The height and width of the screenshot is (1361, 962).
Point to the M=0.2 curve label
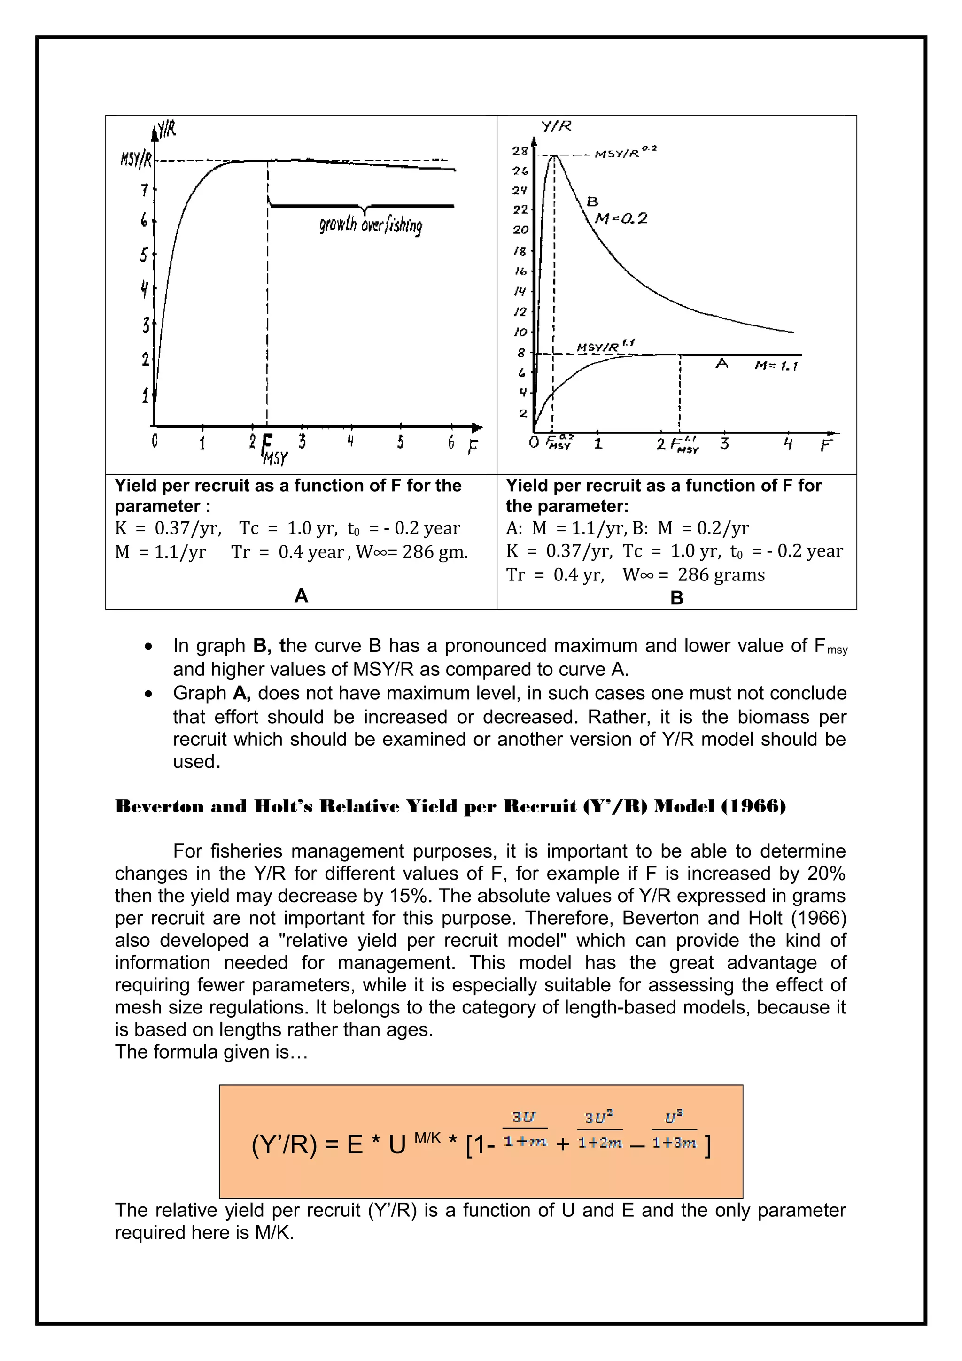click(621, 219)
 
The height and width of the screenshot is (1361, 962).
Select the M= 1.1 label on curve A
click(776, 366)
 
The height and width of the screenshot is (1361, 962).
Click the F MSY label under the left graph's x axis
click(272, 450)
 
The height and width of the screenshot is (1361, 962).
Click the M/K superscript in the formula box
click(427, 1137)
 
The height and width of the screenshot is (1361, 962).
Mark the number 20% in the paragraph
click(826, 873)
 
